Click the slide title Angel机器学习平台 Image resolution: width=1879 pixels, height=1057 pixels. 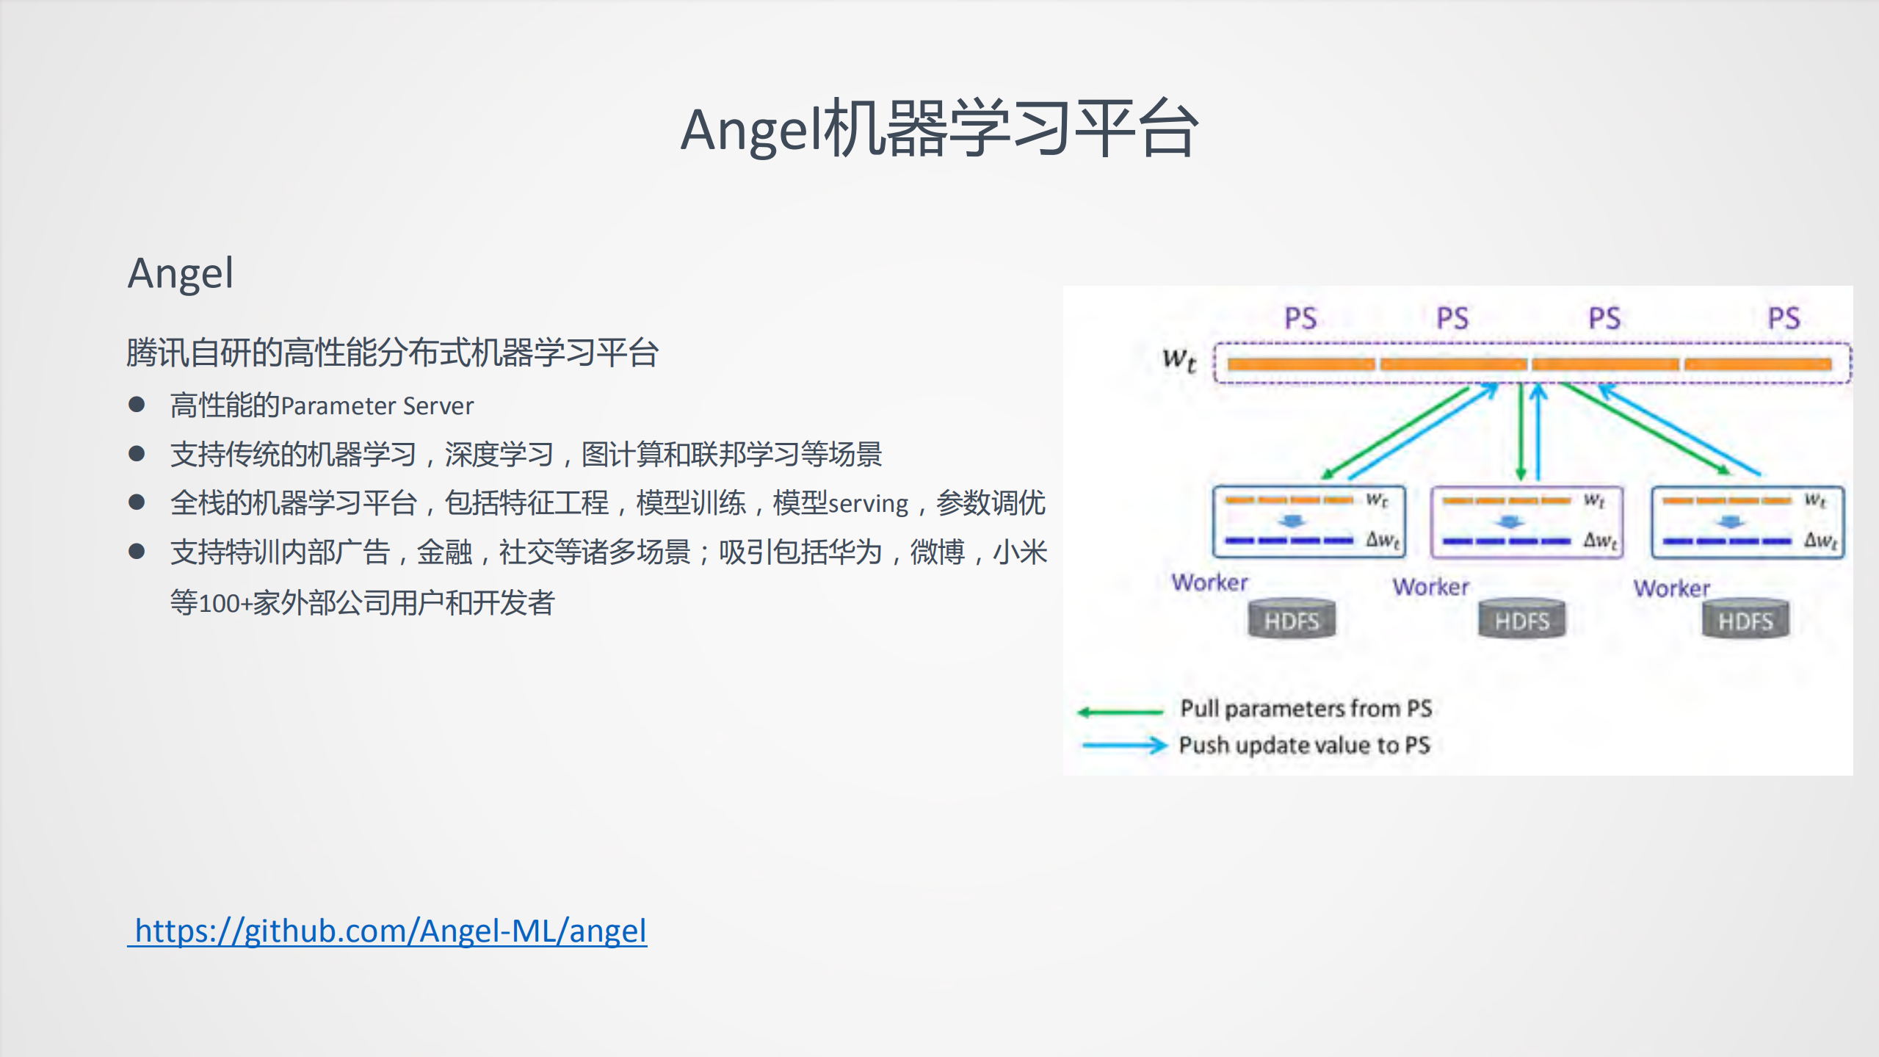(x=939, y=129)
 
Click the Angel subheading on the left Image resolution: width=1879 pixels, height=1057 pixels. (x=181, y=273)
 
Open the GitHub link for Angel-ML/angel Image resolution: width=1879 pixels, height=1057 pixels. (x=390, y=931)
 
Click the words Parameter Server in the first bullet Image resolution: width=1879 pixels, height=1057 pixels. (x=377, y=406)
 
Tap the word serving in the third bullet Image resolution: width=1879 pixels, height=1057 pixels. (x=869, y=504)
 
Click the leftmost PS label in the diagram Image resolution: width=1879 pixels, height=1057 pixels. (x=1300, y=319)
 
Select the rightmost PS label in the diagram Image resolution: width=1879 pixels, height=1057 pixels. (x=1784, y=319)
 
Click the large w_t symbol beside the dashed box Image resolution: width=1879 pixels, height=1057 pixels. (x=1179, y=360)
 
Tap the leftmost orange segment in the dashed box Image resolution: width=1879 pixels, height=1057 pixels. (x=1300, y=364)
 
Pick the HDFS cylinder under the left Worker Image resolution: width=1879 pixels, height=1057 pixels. (x=1292, y=621)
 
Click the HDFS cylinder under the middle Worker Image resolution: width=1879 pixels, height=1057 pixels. (x=1521, y=621)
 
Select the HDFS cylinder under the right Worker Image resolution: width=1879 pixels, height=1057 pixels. (x=1745, y=621)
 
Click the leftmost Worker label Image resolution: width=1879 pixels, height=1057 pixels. (x=1209, y=582)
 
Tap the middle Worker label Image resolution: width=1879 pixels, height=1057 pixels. (x=1430, y=587)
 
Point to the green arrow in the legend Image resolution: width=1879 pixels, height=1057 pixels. (x=1120, y=711)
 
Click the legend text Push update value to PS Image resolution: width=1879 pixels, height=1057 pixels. (x=1304, y=746)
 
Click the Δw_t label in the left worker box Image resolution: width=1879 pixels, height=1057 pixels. (x=1383, y=540)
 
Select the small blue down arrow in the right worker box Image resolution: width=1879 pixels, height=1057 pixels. (x=1731, y=522)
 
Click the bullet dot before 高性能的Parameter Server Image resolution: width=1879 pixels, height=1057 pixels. (x=137, y=405)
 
